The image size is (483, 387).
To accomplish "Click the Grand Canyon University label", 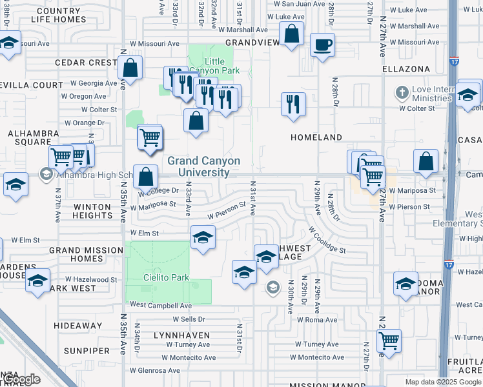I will point(203,167).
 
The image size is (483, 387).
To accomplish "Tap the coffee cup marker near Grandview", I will point(322,45).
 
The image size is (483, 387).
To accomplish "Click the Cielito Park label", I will point(166,277).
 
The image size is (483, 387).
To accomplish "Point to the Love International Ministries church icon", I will point(402,92).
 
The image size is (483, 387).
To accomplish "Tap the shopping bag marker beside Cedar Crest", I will point(130,68).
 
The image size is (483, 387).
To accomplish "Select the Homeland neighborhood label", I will point(316,137).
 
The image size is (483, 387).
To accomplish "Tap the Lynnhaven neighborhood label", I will point(181,335).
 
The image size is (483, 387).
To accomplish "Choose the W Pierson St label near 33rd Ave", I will point(227,211).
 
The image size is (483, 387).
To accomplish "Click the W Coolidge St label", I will point(327,240).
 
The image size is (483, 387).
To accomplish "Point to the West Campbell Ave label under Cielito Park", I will point(161,305).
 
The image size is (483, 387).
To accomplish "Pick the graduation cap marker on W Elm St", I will point(203,238).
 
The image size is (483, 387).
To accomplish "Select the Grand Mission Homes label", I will point(86,254).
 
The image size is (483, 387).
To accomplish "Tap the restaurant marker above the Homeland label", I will point(294,104).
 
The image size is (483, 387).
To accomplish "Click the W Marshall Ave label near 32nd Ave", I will point(243,30).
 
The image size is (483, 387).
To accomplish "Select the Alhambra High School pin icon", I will point(46,174).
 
